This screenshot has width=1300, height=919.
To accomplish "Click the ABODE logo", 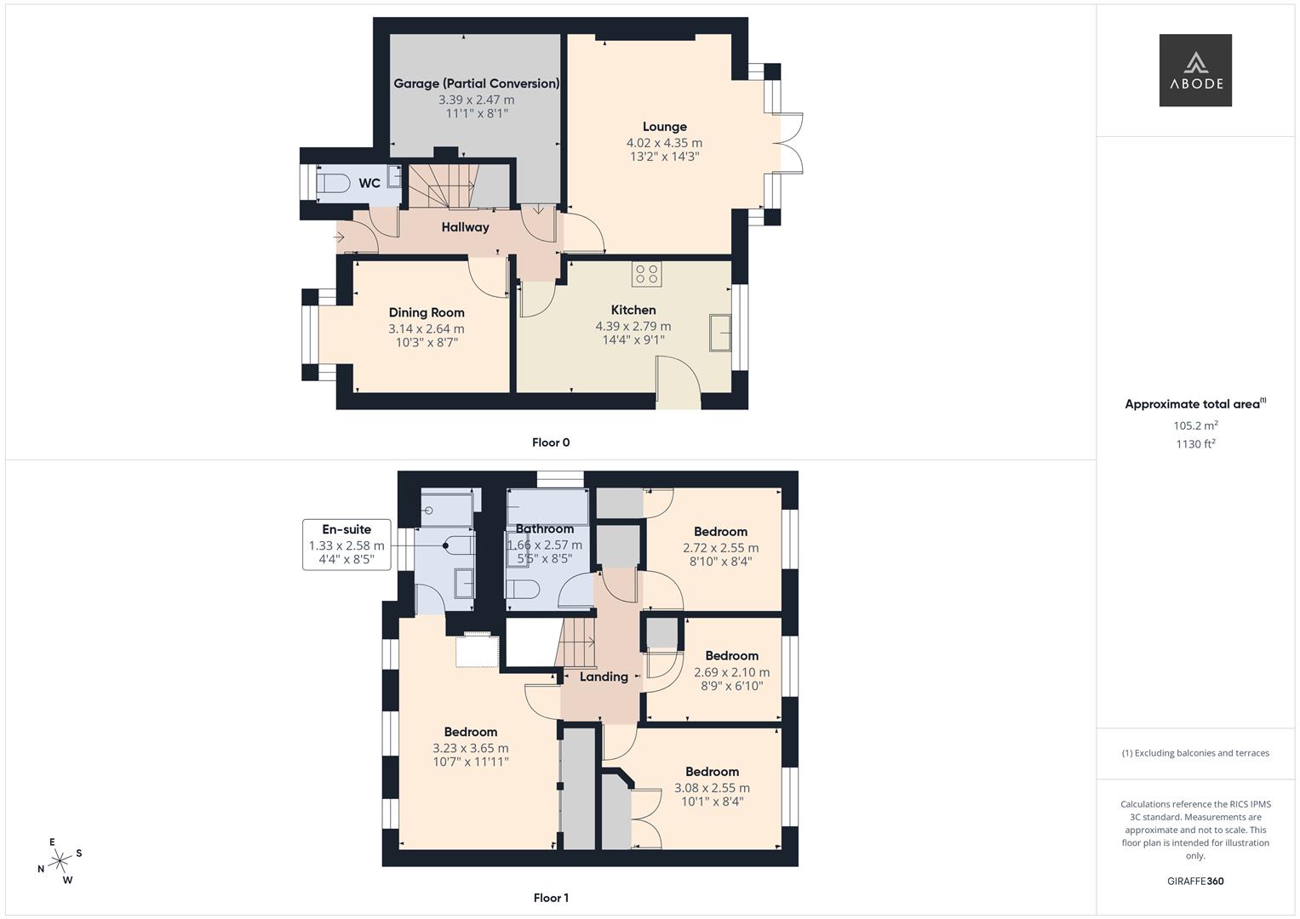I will coord(1194,70).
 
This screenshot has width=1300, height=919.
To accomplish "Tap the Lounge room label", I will coord(664,127).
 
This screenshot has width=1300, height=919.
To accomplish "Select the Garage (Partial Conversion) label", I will coord(476,83).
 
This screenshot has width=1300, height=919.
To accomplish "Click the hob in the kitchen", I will coord(646,274).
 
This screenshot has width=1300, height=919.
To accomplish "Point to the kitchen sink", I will coord(720,332).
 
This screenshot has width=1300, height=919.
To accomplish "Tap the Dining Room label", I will coord(427,312).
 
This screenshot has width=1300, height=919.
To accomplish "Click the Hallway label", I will coord(465,227).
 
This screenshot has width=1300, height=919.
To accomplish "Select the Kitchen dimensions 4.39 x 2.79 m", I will coord(633,326).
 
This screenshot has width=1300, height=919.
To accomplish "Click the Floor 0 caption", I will coord(551,442).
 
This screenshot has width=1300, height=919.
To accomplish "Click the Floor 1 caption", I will coord(551,898).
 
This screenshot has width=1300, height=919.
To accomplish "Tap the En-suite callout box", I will coord(346,545).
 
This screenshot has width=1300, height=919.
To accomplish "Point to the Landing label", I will coord(604,676).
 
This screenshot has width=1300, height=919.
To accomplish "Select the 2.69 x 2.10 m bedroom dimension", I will coord(731,672).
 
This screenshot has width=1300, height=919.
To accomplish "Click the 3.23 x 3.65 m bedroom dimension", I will coord(470,748).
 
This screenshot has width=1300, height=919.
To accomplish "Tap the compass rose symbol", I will coord(60,861).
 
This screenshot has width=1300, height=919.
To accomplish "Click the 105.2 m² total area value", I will coord(1195,425).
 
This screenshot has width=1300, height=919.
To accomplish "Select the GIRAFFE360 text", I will coord(1194,882).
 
